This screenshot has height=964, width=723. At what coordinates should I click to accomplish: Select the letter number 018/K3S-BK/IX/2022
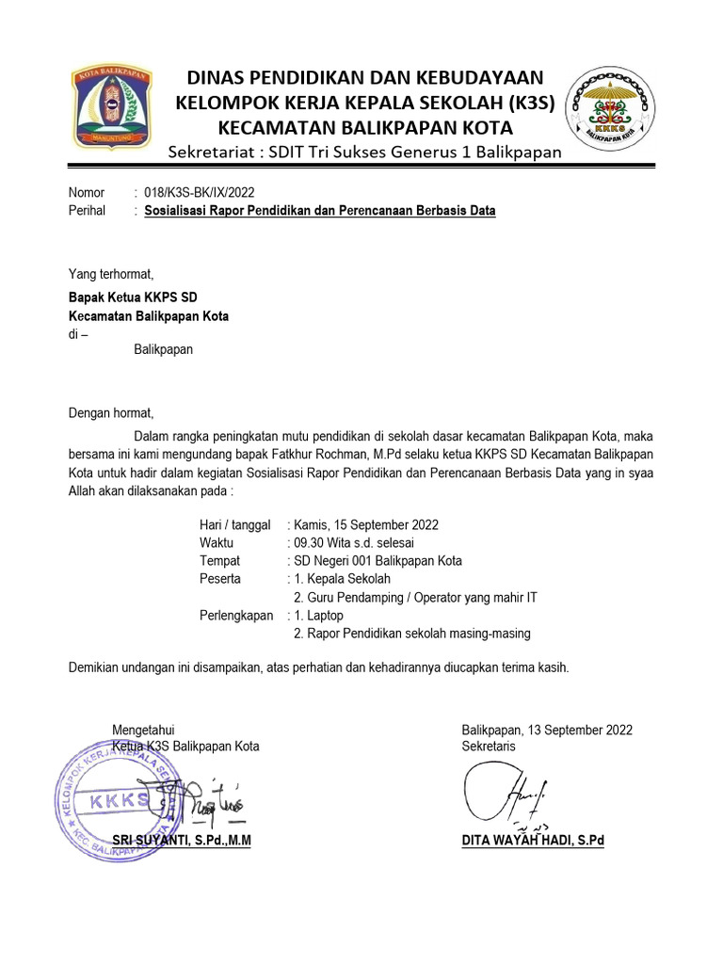click(200, 192)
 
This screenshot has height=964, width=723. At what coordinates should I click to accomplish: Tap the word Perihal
click(87, 211)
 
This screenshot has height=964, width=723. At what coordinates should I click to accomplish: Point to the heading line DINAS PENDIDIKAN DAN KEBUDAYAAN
click(367, 78)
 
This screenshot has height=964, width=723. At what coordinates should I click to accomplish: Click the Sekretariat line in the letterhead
click(364, 153)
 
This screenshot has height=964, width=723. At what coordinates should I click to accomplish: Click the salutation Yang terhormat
click(110, 274)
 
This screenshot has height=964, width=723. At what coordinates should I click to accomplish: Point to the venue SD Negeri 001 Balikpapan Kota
click(378, 561)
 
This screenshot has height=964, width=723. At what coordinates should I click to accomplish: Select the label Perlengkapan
click(235, 616)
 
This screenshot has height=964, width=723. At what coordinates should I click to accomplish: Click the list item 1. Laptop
click(319, 616)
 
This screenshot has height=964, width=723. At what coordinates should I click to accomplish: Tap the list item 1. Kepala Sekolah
click(342, 579)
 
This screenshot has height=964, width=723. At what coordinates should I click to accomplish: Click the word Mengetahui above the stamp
click(143, 730)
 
